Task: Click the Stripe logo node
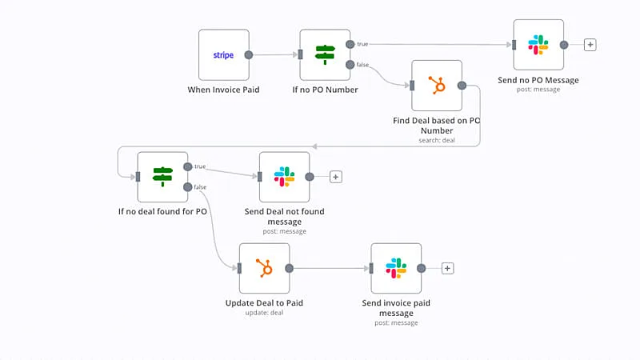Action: point(223,55)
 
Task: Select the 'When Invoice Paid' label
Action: point(223,90)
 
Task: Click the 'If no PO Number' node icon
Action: point(325,54)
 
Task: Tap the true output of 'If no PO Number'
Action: point(350,44)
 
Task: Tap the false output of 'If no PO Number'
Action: point(350,65)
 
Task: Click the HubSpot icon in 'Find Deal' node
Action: point(437,85)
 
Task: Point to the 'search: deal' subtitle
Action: point(437,141)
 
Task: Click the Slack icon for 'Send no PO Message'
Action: point(538,45)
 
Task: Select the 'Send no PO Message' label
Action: point(538,80)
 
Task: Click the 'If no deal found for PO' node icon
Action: point(162,176)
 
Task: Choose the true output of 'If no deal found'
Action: point(187,166)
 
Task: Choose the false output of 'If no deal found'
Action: point(187,187)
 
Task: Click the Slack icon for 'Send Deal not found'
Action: point(284,177)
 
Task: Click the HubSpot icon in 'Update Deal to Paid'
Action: point(264,268)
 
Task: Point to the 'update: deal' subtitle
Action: point(264,313)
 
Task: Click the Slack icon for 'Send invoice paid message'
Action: point(396,268)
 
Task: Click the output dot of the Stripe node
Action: point(249,55)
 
